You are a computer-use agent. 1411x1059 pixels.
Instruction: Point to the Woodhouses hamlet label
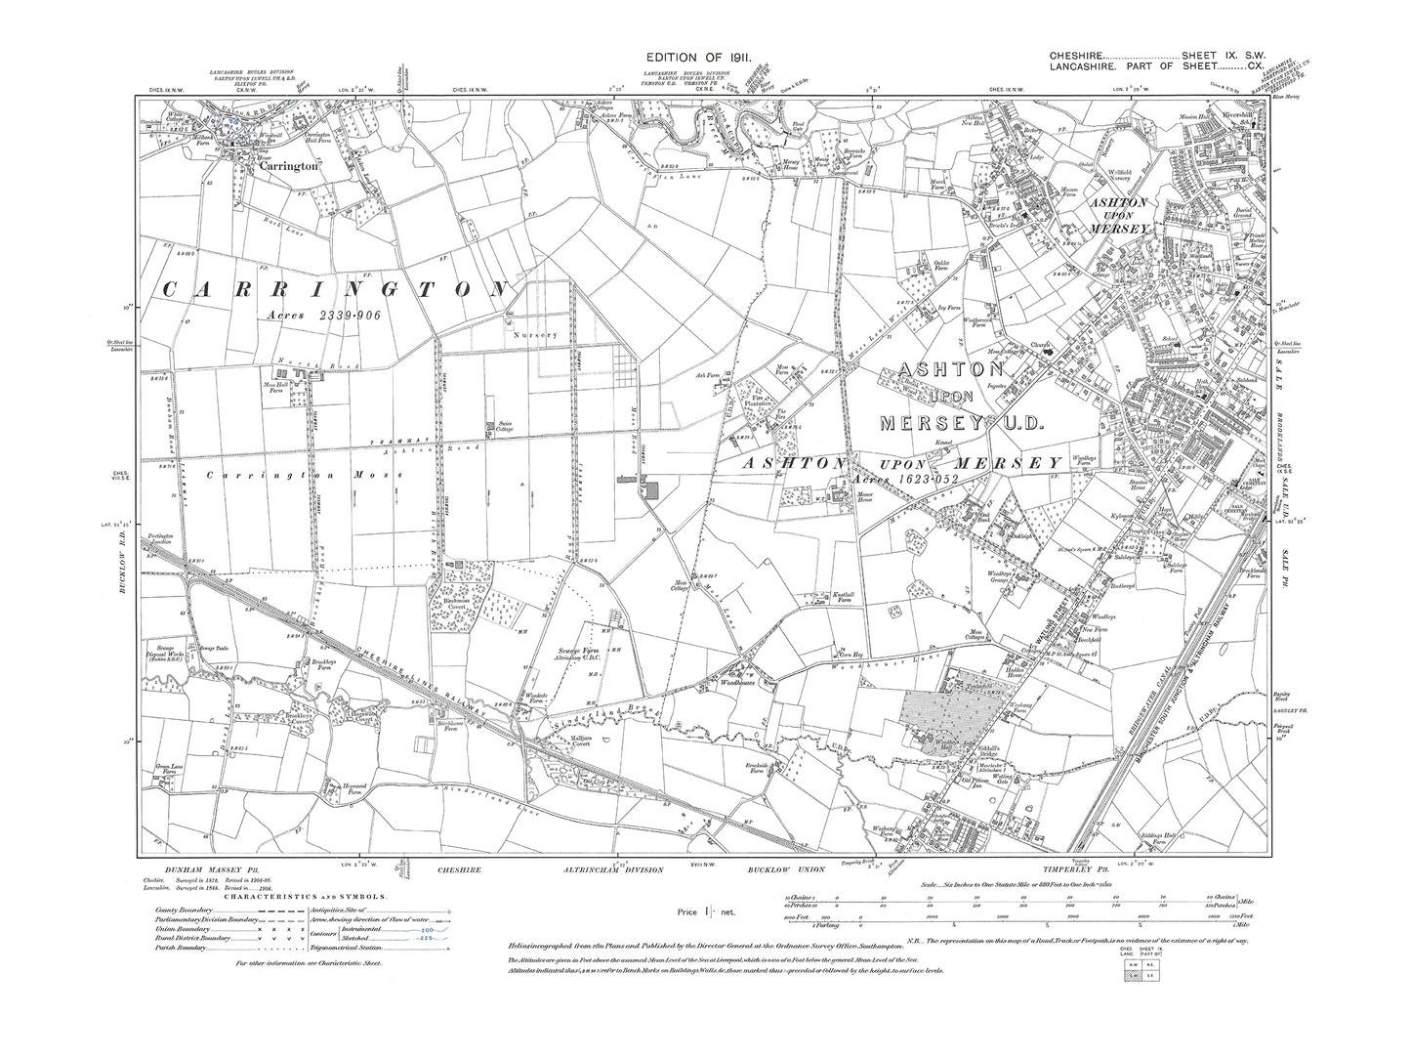[739, 685]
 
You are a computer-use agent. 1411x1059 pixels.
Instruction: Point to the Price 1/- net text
[706, 912]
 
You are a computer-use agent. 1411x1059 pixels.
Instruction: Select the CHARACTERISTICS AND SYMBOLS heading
[306, 896]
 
